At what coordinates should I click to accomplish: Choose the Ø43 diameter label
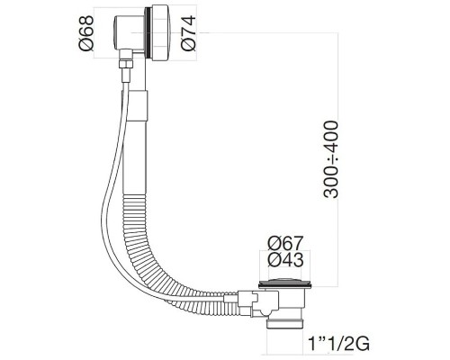(283, 262)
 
